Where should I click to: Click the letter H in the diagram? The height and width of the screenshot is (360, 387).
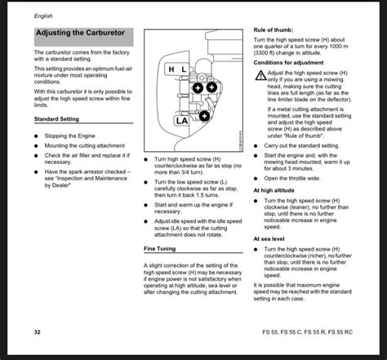[x=171, y=70]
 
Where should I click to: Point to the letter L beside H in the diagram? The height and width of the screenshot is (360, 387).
[x=185, y=70]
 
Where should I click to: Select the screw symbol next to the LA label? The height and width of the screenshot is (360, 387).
[x=203, y=117]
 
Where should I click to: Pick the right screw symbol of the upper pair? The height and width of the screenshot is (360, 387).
[x=211, y=87]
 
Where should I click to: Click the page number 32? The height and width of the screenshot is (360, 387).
[x=38, y=333]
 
